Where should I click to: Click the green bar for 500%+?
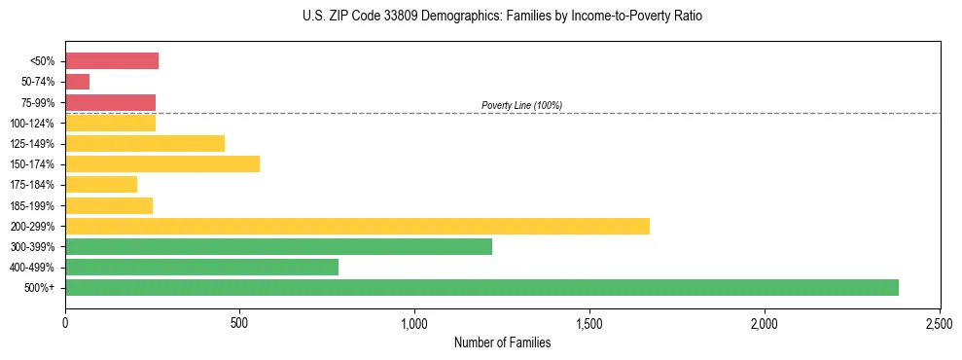point(481,288)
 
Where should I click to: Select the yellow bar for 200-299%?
point(357,227)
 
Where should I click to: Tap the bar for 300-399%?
point(278,247)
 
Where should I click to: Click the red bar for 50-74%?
point(78,82)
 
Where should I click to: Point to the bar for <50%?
point(112,61)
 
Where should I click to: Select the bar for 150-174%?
point(162,164)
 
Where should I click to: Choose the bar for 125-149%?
point(145,144)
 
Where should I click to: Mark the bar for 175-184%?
point(101,185)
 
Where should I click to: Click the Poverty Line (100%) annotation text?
point(522,105)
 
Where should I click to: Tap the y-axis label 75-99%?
point(40,103)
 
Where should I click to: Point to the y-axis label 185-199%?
point(36,206)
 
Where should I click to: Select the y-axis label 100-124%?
point(36,124)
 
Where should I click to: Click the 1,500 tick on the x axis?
point(589,323)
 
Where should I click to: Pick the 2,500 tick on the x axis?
point(940,323)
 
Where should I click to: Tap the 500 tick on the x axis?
point(240,323)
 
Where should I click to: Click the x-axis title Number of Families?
point(502,342)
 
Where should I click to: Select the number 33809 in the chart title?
point(398,17)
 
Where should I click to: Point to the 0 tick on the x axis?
point(65,323)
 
